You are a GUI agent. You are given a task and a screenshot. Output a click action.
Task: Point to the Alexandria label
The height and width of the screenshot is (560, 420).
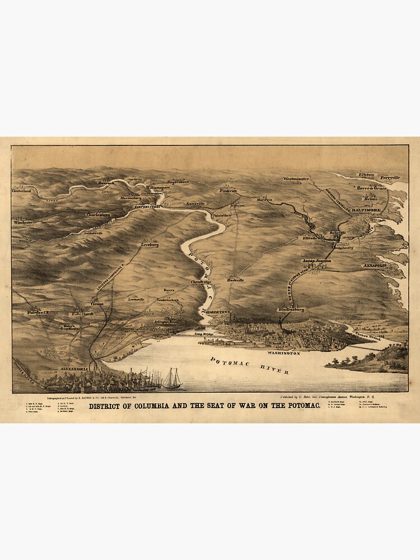72,370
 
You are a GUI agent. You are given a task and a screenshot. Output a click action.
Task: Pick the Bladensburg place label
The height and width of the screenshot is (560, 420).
291,309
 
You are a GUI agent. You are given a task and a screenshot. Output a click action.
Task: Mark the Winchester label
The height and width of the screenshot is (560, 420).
23,222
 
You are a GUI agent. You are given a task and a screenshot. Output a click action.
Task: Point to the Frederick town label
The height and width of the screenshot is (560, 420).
228,190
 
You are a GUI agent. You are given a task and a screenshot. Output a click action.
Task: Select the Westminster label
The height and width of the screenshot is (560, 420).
296,179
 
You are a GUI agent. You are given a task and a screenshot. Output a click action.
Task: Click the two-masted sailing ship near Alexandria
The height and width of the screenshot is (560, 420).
172,379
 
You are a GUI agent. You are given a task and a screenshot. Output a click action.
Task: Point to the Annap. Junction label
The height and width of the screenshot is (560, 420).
316,260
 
